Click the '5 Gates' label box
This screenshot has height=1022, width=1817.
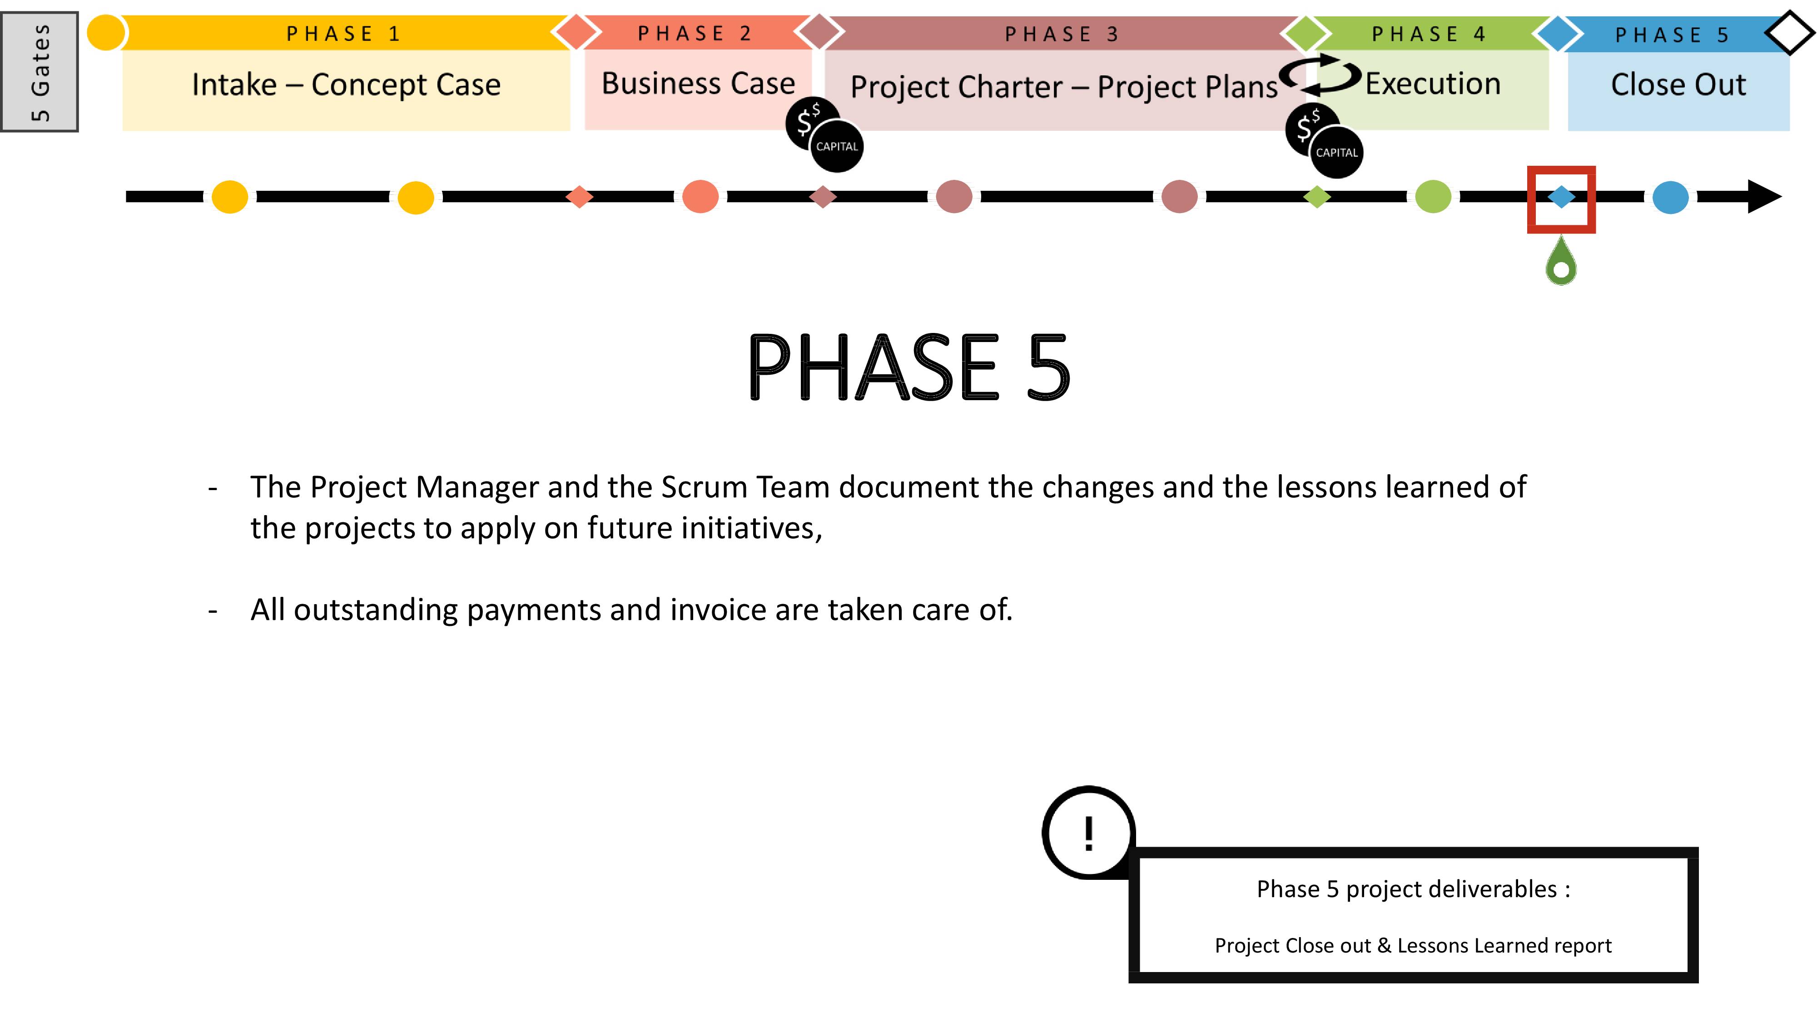coord(40,71)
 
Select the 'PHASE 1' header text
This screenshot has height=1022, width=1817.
coord(343,34)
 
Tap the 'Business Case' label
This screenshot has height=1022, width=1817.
coord(698,83)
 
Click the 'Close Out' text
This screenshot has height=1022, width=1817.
coord(1678,84)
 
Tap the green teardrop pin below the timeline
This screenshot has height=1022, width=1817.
coord(1561,261)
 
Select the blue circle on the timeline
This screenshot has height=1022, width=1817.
coord(1670,197)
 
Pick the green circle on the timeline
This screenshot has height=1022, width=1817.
coord(1433,197)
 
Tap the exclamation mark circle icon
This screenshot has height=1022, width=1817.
coord(1088,832)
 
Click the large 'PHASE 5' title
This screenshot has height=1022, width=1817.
coord(908,367)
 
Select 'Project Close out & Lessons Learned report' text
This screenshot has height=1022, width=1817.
coord(1413,945)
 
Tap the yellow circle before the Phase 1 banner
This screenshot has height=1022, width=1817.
coord(106,32)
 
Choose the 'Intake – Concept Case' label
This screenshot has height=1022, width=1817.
coord(346,84)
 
